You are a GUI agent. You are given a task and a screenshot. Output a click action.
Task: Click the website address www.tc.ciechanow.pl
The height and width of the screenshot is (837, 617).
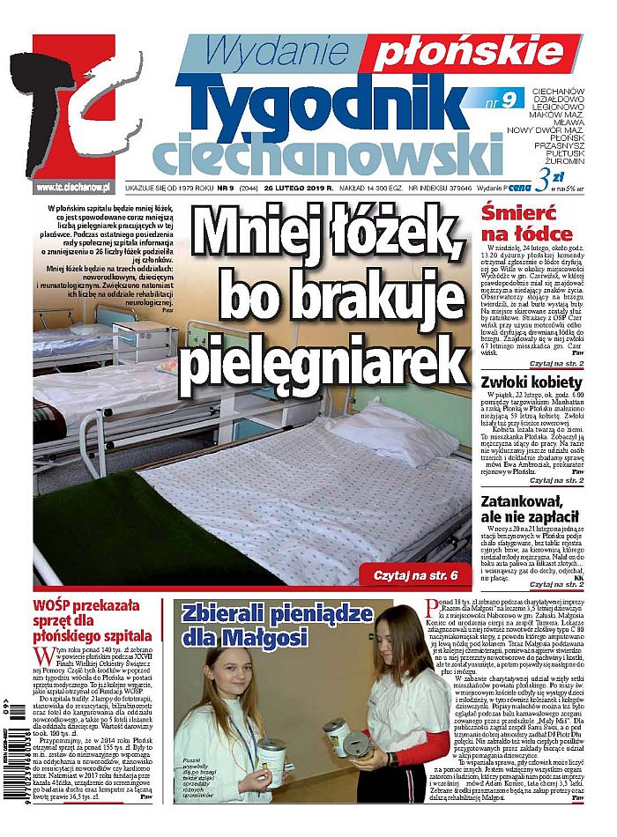(72, 186)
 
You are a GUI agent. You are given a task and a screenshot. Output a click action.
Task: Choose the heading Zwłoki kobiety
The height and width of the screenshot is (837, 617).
(532, 382)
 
